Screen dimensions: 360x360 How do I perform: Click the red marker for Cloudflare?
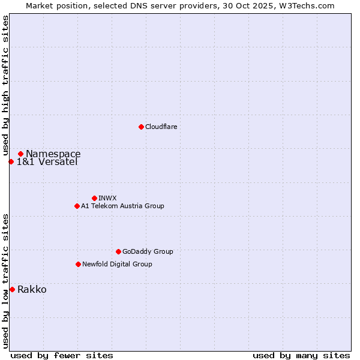point(141,127)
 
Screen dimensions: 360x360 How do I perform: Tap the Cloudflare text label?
point(161,127)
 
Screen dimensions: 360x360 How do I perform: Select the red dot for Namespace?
point(20,154)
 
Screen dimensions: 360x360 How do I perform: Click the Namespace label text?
point(53,154)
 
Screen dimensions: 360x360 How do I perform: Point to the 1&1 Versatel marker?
point(11,161)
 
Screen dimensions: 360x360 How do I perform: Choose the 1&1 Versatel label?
point(47,162)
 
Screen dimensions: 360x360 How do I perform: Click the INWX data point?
point(94,198)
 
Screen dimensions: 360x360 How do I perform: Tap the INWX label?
point(107,198)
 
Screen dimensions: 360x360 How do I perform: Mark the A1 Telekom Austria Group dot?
point(77,206)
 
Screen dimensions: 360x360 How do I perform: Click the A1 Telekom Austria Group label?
point(122,206)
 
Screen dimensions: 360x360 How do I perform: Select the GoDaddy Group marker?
point(118,251)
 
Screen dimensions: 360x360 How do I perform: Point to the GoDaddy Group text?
point(148,251)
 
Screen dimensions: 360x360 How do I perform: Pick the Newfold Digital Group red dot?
point(78,264)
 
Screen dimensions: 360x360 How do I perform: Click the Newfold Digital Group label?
point(117,264)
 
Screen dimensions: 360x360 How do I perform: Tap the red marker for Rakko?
point(12,290)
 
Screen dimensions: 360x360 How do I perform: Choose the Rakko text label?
point(32,290)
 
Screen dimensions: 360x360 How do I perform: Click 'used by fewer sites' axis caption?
point(62,355)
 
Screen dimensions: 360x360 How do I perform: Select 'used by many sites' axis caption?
point(301,355)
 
